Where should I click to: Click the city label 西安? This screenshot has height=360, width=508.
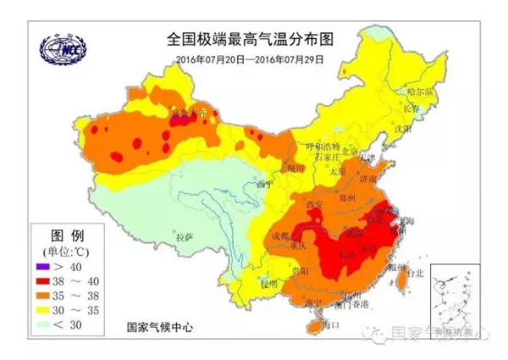315,204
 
